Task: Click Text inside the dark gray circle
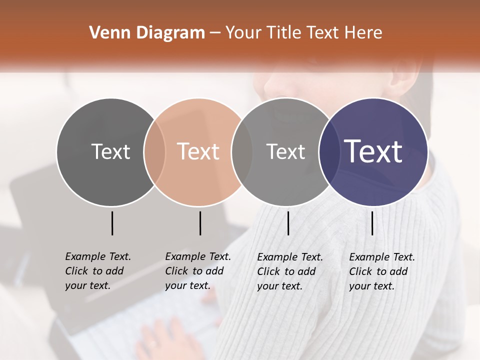(110, 151)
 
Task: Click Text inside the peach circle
(198, 151)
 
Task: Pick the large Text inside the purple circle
(373, 151)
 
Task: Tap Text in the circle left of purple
(285, 151)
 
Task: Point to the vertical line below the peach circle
(200, 223)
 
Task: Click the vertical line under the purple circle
(372, 223)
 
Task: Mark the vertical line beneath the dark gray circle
(112, 223)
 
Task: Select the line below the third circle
(288, 223)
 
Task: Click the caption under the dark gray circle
(98, 271)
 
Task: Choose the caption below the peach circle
(198, 271)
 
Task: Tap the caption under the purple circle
(382, 271)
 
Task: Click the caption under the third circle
(290, 271)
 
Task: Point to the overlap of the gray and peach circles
(154, 151)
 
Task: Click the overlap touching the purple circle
(327, 151)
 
